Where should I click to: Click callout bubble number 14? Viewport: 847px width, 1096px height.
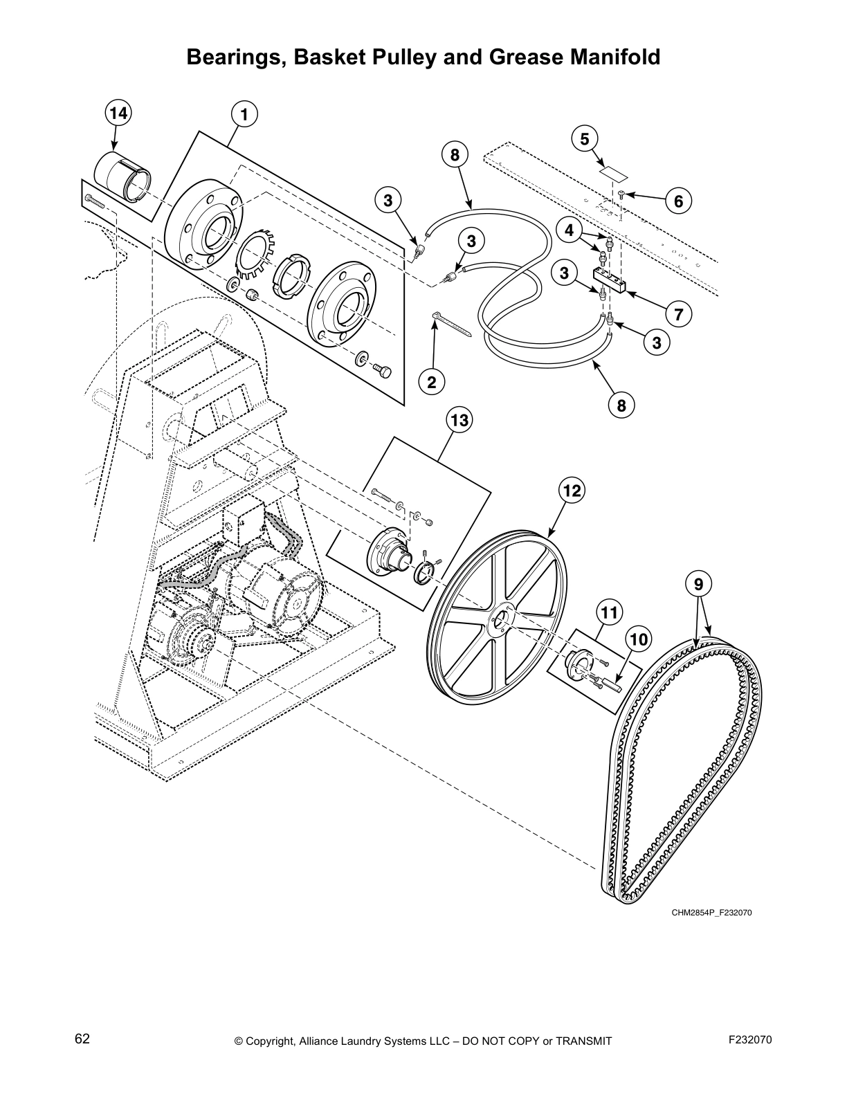click(x=119, y=113)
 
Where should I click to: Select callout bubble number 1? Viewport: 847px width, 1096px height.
click(x=244, y=113)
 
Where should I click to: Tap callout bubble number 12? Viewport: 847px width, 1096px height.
click(x=572, y=491)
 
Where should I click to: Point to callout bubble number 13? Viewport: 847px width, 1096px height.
click(x=459, y=420)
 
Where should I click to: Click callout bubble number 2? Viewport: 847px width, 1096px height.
click(x=431, y=381)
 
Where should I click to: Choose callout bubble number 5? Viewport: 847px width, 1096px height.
click(x=585, y=139)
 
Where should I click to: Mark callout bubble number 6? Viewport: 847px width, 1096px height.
click(x=678, y=201)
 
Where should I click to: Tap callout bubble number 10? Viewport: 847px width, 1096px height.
click(x=639, y=639)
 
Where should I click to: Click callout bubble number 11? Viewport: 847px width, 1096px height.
click(x=609, y=612)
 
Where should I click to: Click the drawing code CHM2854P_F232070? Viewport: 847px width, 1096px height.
click(x=711, y=913)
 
